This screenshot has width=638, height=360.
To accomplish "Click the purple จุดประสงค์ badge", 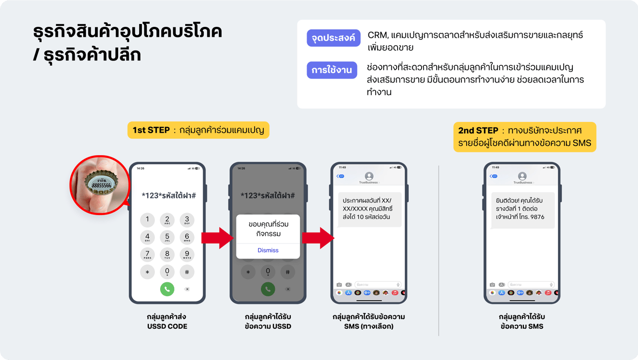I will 333,38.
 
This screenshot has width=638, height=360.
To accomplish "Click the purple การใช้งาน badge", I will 331,70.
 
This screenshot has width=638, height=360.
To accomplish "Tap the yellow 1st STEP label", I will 198,130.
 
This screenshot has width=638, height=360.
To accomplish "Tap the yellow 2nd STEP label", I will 524,137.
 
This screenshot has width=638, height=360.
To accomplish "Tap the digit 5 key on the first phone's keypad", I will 167,237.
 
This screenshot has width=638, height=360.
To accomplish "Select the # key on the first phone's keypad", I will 187,272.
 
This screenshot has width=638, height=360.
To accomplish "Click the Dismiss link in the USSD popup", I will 268,250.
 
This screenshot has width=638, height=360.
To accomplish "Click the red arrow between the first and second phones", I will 217,238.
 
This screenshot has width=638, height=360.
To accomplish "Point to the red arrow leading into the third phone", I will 318,238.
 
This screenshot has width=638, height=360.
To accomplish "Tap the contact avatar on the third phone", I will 369,176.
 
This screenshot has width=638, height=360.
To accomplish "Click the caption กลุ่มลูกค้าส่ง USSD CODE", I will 167,322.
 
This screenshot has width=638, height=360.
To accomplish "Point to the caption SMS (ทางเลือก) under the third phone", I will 369,326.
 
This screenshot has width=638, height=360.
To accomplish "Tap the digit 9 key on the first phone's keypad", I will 187,254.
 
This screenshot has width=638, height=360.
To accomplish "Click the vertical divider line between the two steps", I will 439,250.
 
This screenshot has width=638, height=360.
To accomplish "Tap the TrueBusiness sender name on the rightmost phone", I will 522,182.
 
